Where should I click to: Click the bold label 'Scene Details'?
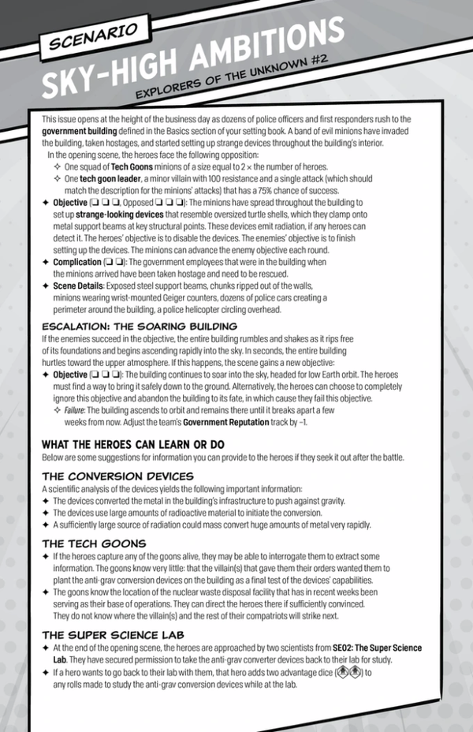83,286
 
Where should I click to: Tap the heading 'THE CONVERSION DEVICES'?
117,476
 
